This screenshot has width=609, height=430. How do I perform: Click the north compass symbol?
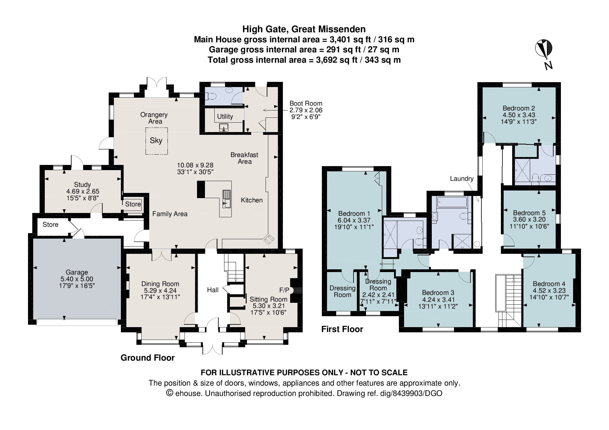[544, 49]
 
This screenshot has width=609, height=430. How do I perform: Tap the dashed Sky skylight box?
[156, 141]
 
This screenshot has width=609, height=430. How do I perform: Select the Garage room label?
[77, 272]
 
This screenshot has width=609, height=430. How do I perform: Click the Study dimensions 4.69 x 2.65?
[83, 191]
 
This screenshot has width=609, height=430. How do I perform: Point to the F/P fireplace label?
[284, 290]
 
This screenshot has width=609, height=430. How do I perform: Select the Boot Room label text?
[306, 103]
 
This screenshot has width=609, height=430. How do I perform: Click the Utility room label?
[225, 117]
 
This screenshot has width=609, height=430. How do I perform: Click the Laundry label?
[462, 179]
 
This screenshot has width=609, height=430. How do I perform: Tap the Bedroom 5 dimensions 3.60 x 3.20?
[529, 219]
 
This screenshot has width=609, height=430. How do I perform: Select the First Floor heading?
[342, 329]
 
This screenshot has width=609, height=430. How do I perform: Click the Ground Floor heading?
[148, 358]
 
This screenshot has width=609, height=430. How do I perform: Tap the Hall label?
[213, 290]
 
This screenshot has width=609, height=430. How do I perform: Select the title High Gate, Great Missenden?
[304, 29]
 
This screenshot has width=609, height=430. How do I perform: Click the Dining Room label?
[160, 284]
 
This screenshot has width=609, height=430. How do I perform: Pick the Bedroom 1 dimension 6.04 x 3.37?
[354, 220]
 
